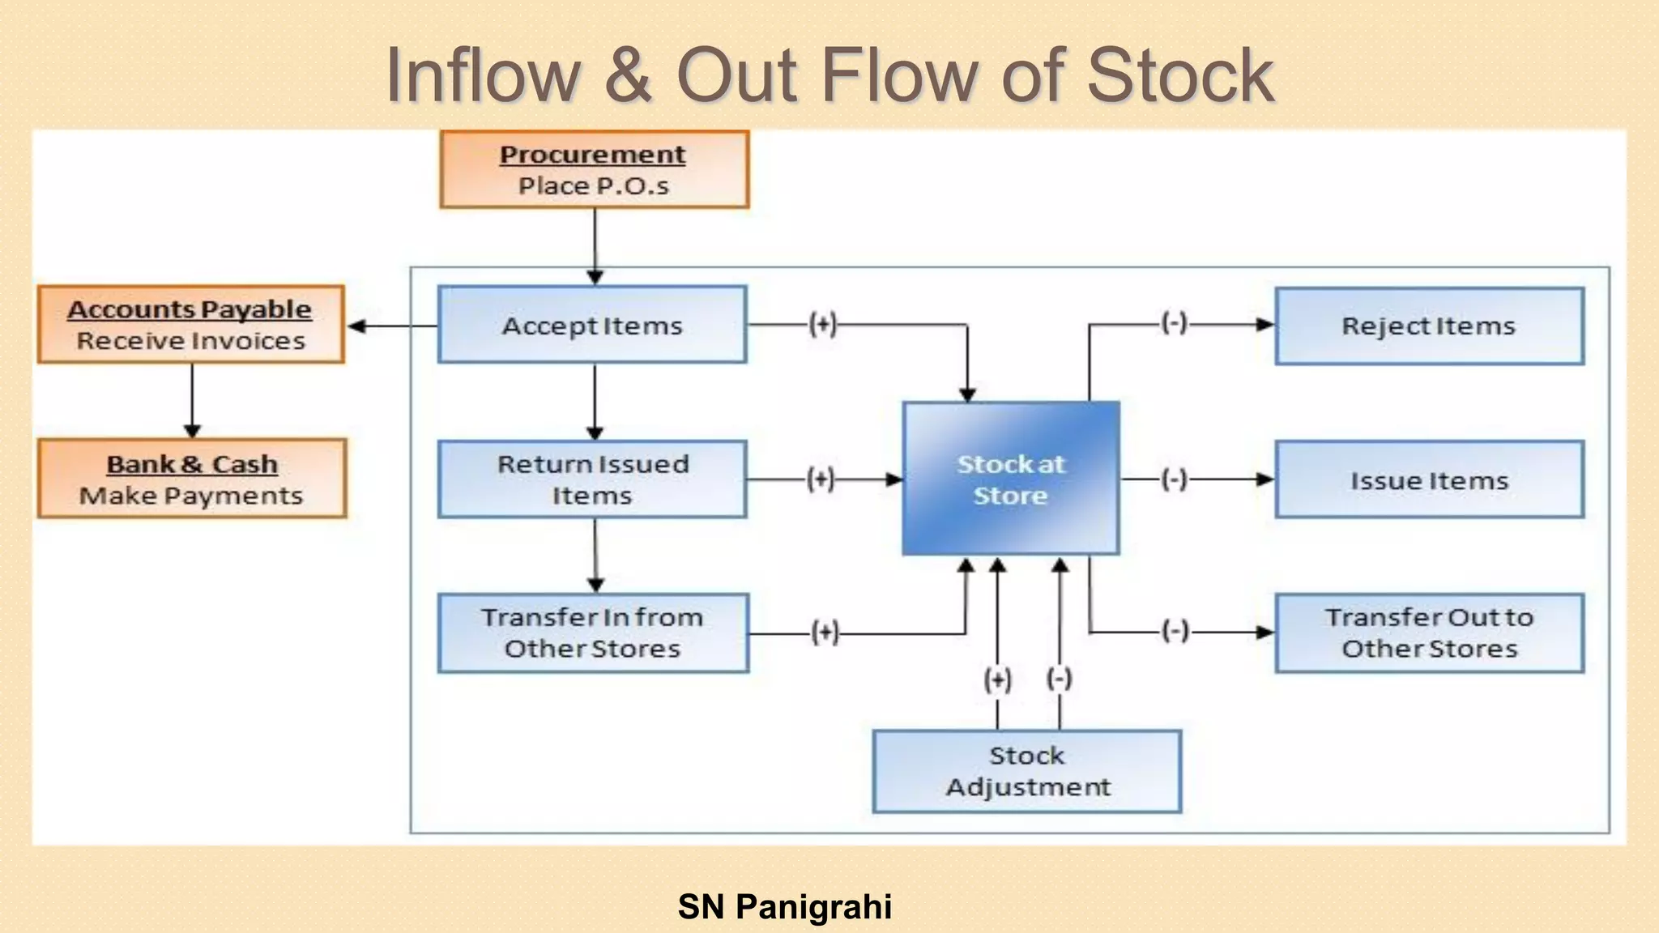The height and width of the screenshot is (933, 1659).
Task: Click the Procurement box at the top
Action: click(x=594, y=169)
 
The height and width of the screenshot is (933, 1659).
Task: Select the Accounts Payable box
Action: click(x=191, y=324)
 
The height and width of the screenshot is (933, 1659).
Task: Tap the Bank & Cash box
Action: click(x=192, y=479)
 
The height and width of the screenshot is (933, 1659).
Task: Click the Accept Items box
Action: click(x=592, y=325)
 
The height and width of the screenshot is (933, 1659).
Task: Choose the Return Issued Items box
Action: click(x=592, y=479)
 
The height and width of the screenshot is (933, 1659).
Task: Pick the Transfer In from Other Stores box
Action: click(x=593, y=633)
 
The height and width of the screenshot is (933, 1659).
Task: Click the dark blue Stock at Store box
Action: click(x=1011, y=479)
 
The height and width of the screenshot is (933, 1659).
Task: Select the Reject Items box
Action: click(x=1429, y=326)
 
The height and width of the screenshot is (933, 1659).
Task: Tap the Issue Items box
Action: click(x=1429, y=479)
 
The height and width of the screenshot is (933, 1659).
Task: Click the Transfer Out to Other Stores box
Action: click(x=1429, y=633)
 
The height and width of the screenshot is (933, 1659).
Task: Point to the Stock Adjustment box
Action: click(x=1027, y=771)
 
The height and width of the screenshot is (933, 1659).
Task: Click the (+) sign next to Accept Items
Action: click(x=822, y=324)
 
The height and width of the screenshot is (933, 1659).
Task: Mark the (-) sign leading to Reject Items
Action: click(x=1175, y=323)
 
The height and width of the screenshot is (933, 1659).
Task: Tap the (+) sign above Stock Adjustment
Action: click(x=997, y=679)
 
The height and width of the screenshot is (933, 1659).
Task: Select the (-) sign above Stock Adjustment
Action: click(x=1060, y=678)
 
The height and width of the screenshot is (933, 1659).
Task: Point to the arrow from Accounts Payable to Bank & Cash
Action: click(x=192, y=401)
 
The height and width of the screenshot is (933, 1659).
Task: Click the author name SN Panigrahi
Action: click(x=784, y=906)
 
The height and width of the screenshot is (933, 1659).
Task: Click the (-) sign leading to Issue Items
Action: click(x=1175, y=479)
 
